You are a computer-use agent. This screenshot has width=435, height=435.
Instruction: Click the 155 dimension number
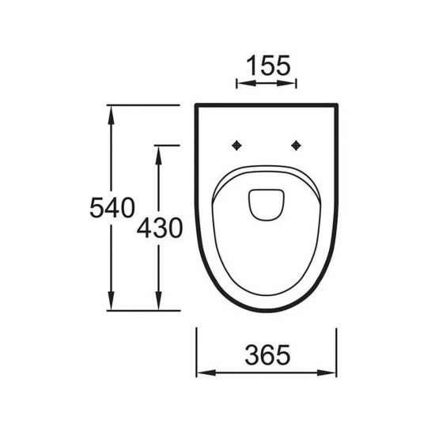click(x=267, y=63)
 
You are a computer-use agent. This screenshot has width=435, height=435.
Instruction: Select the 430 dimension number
click(x=160, y=228)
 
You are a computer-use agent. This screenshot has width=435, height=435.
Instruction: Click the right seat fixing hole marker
click(x=297, y=145)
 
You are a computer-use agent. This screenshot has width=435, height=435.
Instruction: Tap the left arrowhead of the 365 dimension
click(x=201, y=372)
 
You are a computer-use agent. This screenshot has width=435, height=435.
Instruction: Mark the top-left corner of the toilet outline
click(x=197, y=105)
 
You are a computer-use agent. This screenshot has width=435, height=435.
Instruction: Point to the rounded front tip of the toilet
click(x=267, y=309)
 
